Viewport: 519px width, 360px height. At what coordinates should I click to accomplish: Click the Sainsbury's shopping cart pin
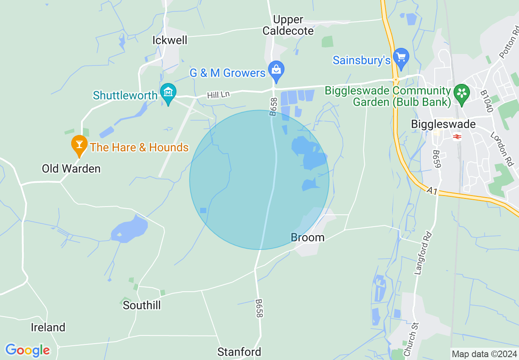pos(401,58)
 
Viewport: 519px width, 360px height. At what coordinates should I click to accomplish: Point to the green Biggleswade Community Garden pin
pos(462,93)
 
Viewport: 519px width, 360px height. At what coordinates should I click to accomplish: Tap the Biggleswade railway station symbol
pos(457,137)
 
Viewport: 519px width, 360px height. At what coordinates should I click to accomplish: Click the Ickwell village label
pos(169,40)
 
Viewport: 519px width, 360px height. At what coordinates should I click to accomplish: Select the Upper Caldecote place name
pos(288,25)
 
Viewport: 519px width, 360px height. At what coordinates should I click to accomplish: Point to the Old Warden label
pos(71,169)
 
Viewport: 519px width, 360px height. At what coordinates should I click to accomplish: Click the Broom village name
pos(307,238)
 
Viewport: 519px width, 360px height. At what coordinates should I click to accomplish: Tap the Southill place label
pos(142,305)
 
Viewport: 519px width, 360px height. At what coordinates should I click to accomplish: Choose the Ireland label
pos(48,327)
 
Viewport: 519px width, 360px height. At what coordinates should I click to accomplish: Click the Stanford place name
pos(239,352)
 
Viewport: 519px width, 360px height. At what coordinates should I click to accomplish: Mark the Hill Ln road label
pos(218,95)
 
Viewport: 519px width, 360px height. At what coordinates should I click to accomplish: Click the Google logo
pos(27,350)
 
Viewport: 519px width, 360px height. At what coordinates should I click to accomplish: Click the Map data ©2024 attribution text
pos(484,354)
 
